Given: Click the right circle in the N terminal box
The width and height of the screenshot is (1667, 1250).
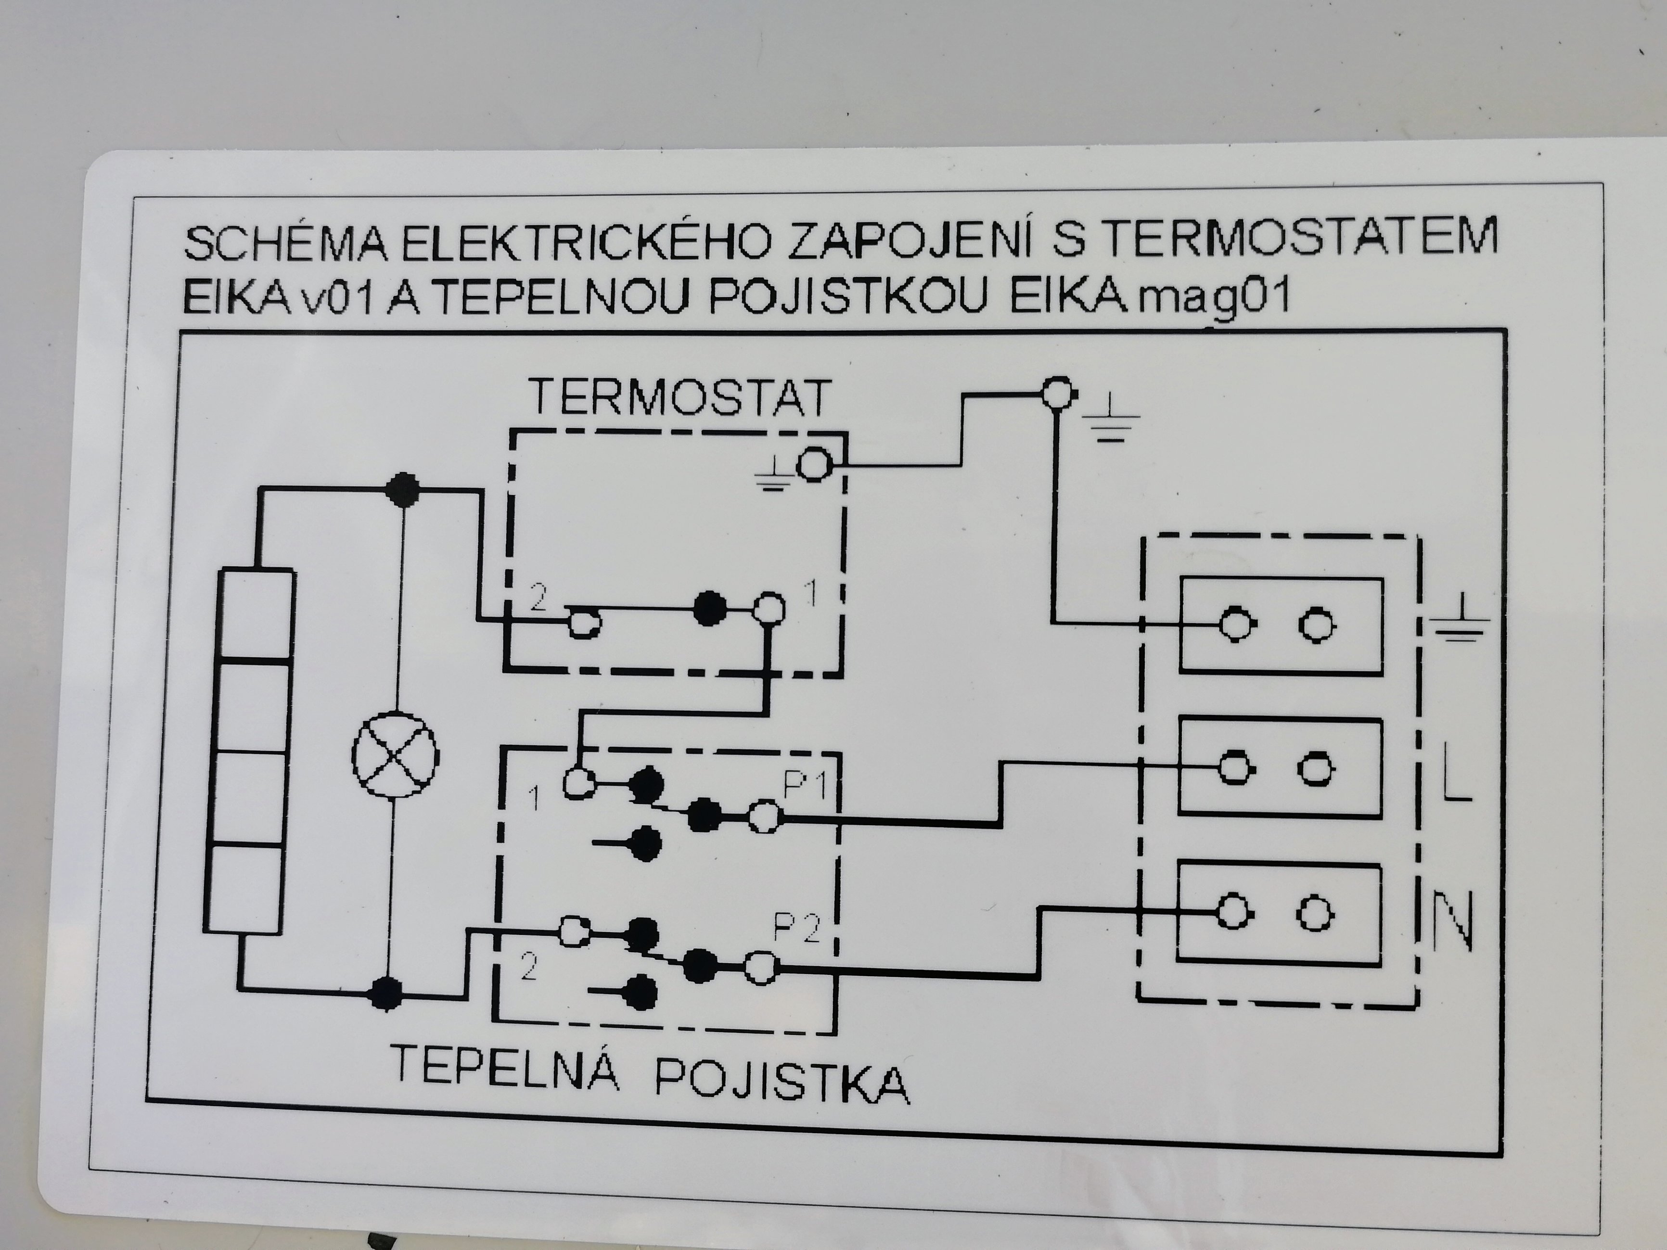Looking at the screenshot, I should coord(1315,915).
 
